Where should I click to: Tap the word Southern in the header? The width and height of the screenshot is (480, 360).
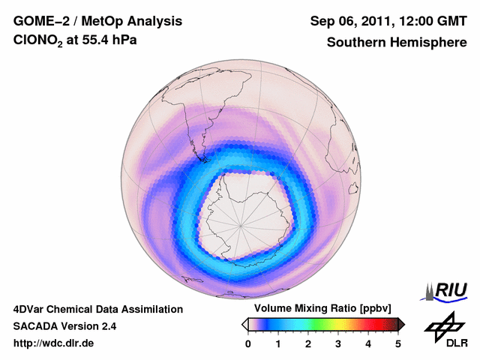point(355,43)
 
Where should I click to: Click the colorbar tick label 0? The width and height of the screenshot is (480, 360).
point(248,343)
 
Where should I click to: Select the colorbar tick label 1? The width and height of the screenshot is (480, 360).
point(278,343)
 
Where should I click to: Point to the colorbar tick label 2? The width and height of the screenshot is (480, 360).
point(308,343)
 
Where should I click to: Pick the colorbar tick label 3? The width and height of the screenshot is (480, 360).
point(338,343)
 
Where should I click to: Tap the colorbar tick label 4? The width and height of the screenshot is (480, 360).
point(368,343)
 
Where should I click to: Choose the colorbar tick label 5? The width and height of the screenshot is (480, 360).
point(398,343)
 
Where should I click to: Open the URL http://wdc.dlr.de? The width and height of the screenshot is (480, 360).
point(54,343)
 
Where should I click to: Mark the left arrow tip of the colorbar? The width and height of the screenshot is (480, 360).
point(243,324)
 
